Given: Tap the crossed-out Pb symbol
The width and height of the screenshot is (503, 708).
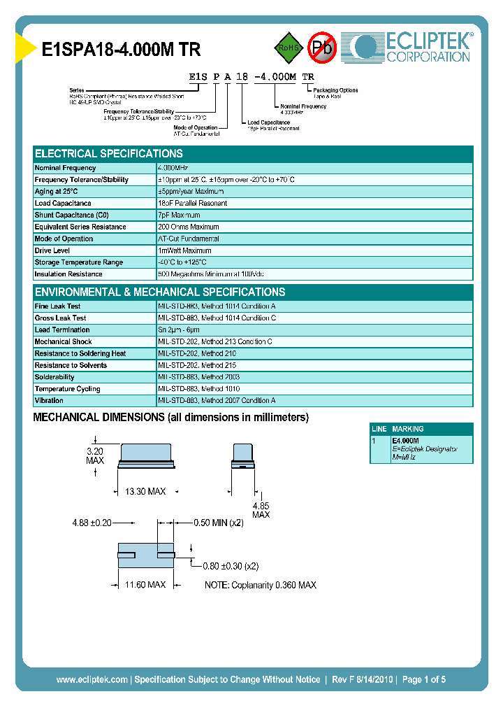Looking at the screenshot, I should tap(322, 48).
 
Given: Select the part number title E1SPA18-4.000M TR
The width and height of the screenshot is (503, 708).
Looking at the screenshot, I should tap(122, 50).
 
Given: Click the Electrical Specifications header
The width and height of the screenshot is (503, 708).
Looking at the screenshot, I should tap(109, 154).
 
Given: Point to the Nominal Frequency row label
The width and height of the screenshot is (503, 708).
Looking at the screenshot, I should tap(66, 168).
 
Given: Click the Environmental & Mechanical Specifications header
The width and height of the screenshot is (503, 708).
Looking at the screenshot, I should tap(160, 292).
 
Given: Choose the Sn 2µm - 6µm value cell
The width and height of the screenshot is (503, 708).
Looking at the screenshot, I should tap(180, 330).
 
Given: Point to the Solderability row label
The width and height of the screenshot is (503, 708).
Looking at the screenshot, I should tap(54, 377).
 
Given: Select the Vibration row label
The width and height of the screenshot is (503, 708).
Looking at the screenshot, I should tap(49, 401).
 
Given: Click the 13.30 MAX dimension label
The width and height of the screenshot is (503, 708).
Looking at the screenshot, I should tap(145, 492).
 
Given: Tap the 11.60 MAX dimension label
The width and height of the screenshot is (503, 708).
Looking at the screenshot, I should tap(145, 584).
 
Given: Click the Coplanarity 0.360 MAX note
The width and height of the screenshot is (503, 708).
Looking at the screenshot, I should tap(261, 585).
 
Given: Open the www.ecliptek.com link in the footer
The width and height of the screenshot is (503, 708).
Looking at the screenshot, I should tap(92, 679).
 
